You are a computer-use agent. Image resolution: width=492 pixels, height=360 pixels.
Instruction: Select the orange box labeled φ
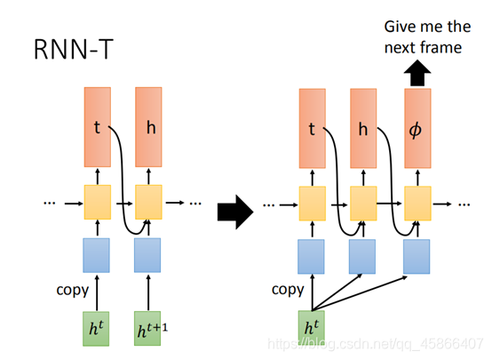[417, 128]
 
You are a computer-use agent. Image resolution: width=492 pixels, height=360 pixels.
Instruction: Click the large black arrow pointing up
[417, 74]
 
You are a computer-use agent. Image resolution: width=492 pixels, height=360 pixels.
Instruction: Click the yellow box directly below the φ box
[417, 204]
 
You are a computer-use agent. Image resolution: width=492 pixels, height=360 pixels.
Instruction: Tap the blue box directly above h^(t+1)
[147, 254]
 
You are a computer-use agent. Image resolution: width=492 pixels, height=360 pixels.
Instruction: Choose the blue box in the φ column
[417, 256]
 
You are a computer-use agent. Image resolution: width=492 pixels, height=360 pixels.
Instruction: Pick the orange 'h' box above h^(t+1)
[147, 127]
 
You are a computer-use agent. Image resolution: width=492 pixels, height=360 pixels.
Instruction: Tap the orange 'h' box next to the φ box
[363, 128]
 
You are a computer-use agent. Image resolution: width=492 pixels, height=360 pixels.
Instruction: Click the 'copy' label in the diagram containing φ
[287, 290]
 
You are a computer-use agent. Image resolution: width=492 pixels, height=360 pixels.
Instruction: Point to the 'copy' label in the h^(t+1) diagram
[72, 290]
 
